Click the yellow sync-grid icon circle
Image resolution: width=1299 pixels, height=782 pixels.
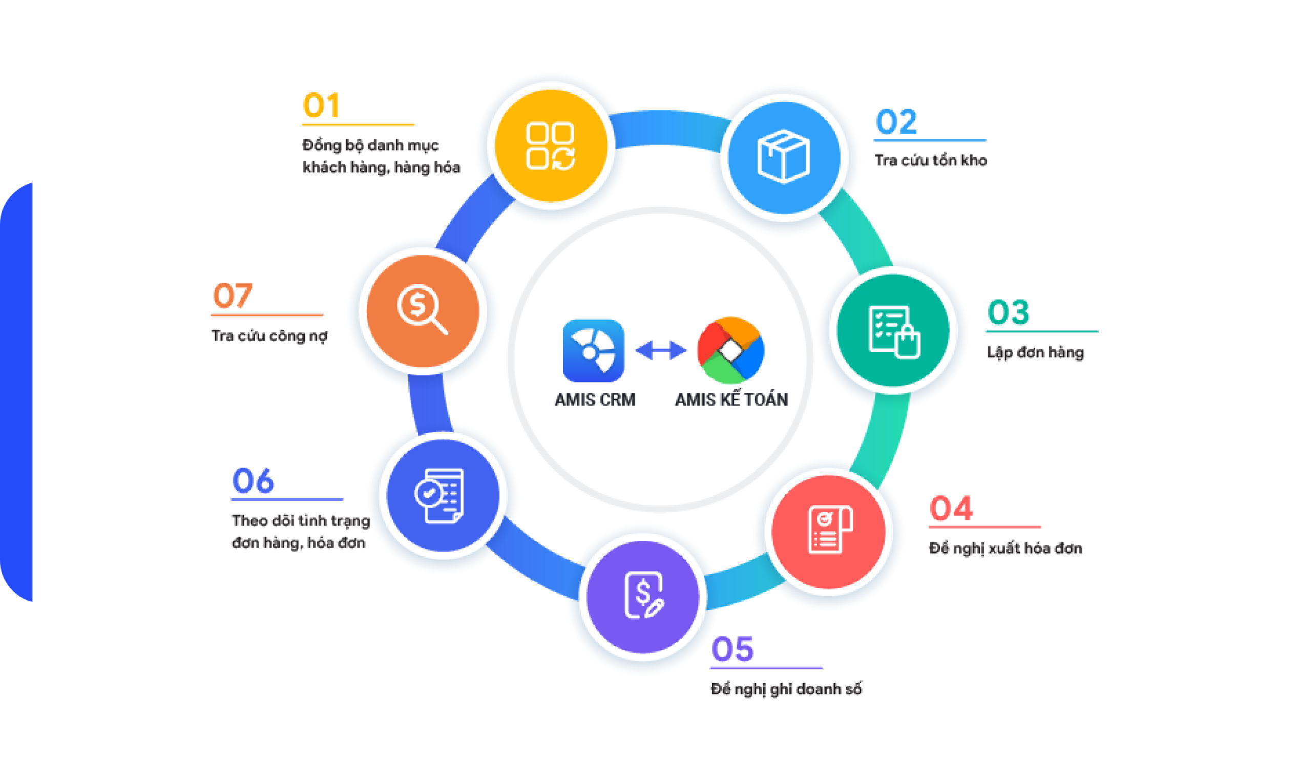click(x=551, y=146)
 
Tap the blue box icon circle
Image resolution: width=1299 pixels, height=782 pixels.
click(x=784, y=158)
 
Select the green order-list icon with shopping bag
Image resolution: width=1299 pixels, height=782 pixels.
click(x=893, y=330)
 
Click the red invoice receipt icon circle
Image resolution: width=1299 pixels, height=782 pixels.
click(x=828, y=531)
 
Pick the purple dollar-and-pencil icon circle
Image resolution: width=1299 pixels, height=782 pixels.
click(x=643, y=597)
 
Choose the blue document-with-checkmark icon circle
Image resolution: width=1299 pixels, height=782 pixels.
click(x=443, y=495)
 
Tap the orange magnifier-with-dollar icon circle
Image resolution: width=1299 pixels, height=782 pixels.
click(x=423, y=311)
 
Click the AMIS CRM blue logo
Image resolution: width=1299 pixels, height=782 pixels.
click(x=593, y=350)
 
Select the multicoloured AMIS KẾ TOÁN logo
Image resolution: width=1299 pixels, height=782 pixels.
click(x=731, y=350)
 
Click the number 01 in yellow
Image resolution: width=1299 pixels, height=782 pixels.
click(x=322, y=106)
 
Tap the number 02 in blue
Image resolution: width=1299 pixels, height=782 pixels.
click(x=896, y=122)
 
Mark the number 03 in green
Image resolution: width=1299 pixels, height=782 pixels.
click(x=1008, y=312)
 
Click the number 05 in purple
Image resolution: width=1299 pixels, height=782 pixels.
click(x=732, y=649)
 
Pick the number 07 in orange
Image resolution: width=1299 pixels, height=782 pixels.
click(x=233, y=296)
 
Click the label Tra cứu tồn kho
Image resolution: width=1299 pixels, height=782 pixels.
click(x=931, y=160)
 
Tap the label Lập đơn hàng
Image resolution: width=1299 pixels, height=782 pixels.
click(x=1035, y=352)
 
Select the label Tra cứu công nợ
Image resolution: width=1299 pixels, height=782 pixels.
click(x=269, y=335)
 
